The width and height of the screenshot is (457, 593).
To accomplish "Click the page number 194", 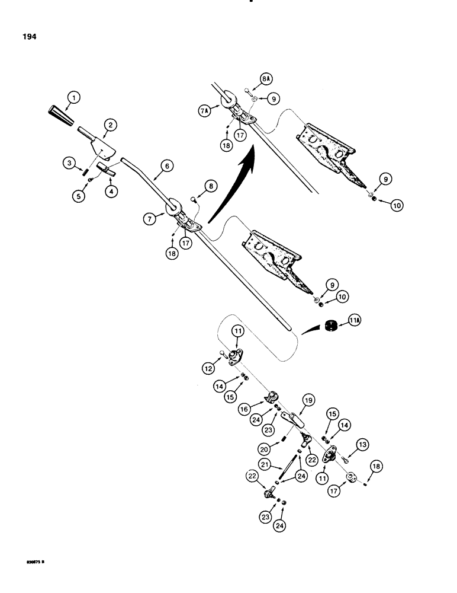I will pos(28,37).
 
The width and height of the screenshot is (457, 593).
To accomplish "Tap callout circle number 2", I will pos(110,125).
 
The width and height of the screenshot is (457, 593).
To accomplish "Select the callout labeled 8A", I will pos(250,78).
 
